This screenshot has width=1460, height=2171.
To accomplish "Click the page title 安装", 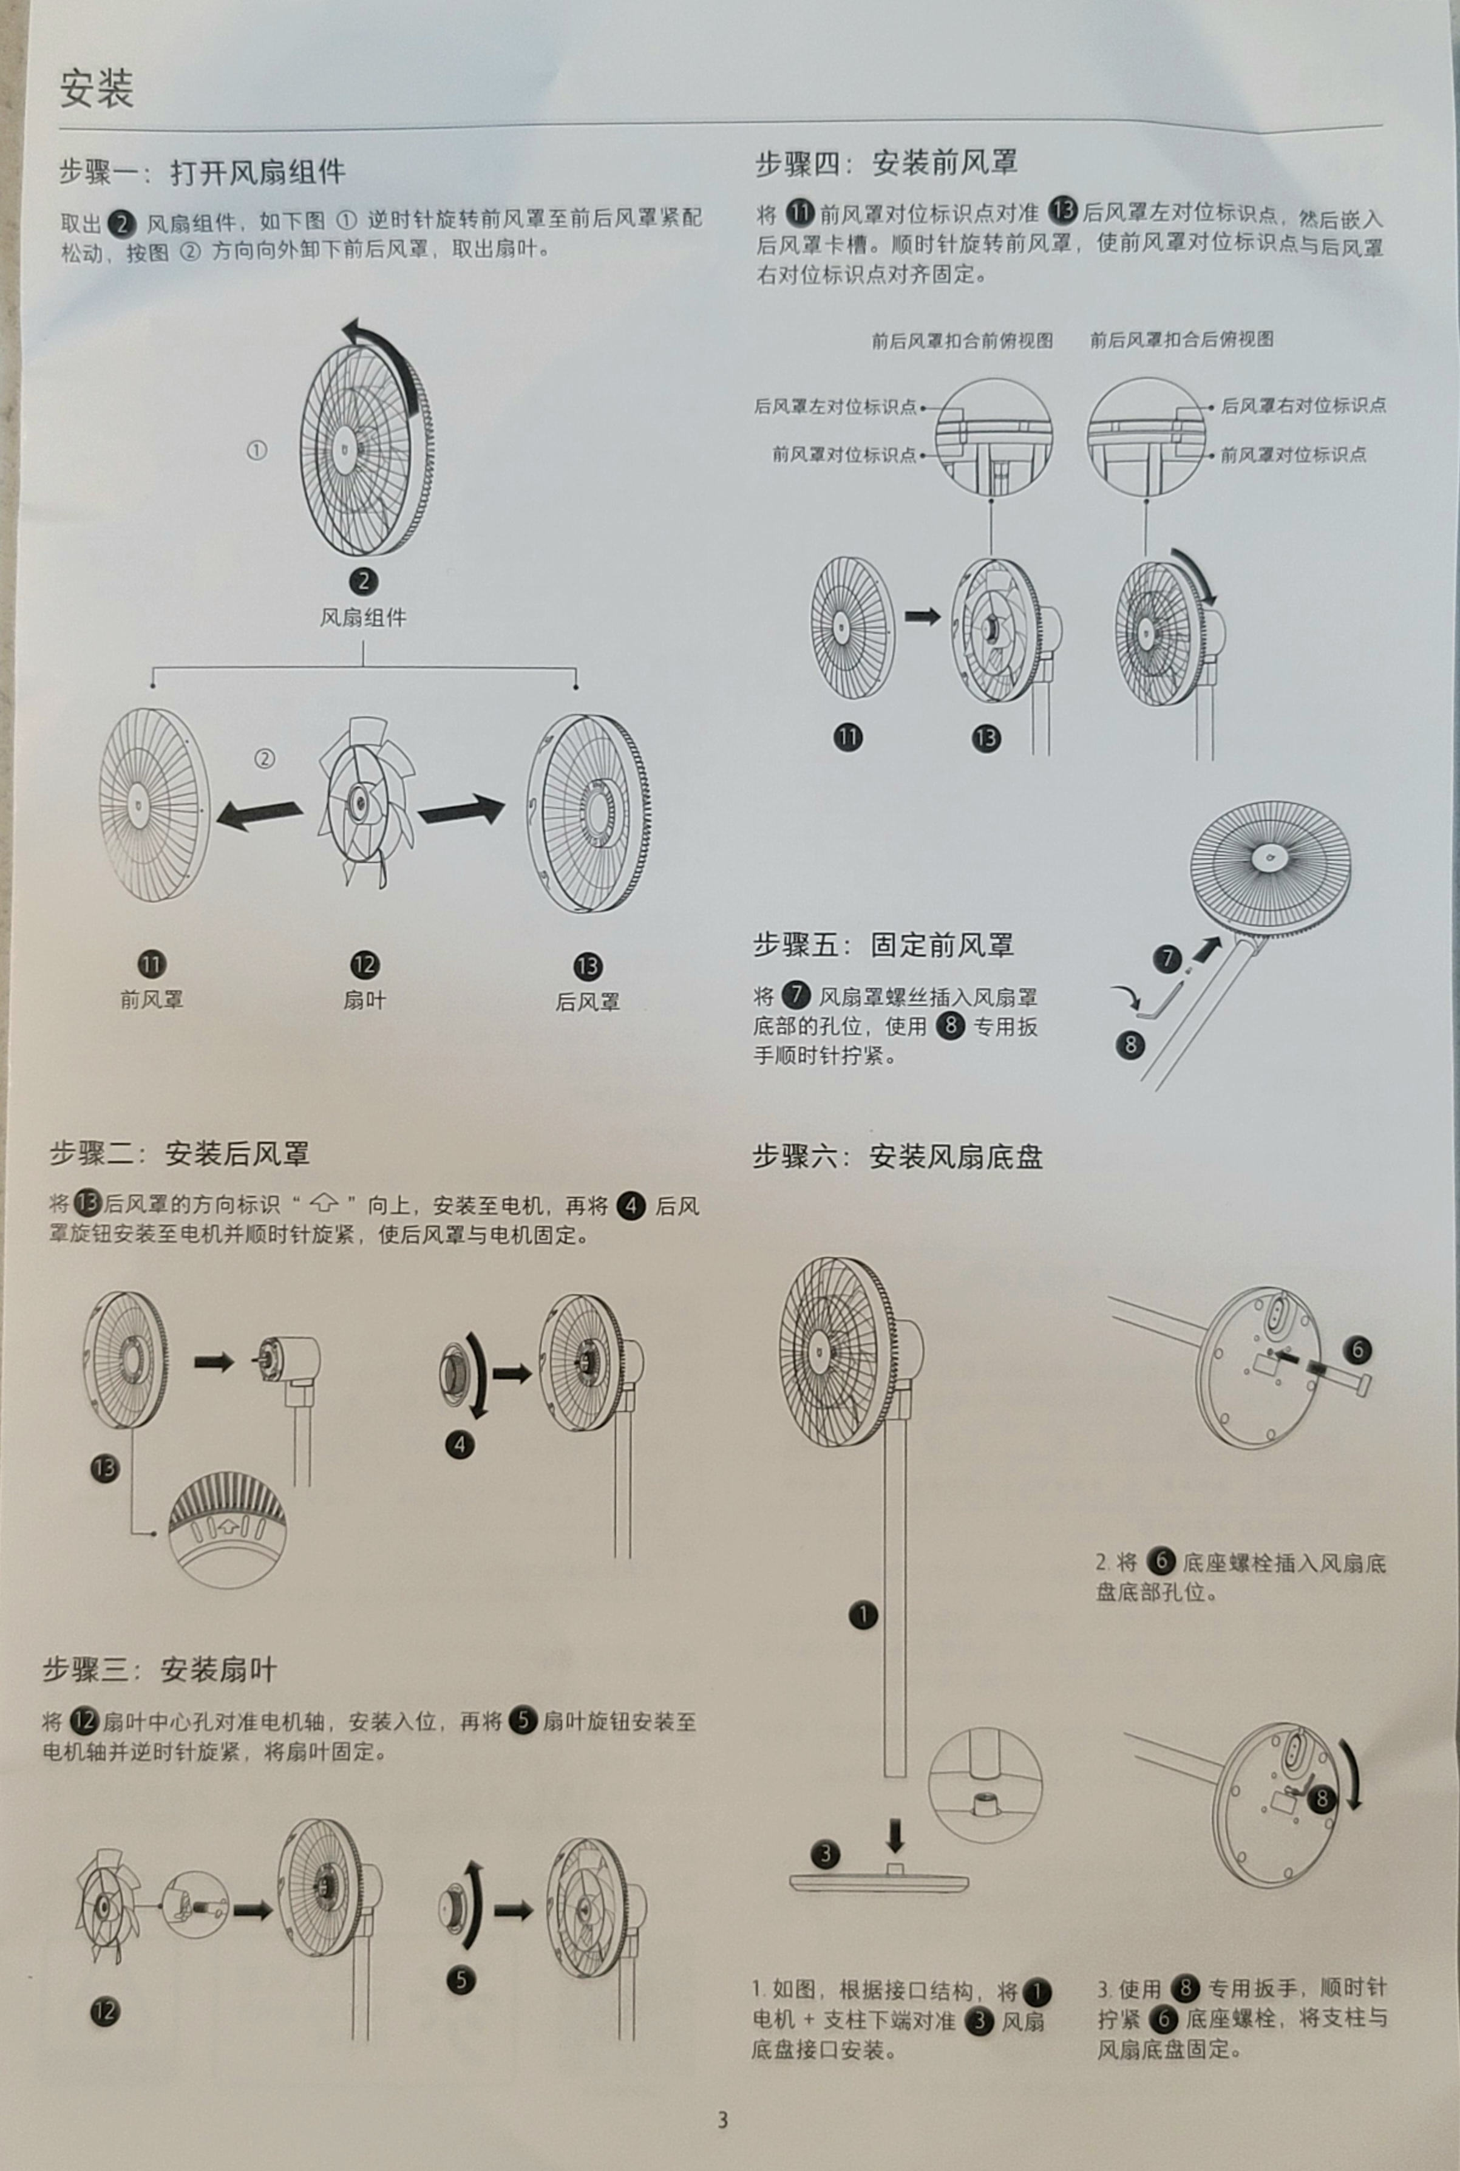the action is [97, 89].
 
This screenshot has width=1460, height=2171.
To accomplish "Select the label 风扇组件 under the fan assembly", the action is [363, 618].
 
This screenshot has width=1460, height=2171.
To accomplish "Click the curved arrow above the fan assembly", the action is [382, 354].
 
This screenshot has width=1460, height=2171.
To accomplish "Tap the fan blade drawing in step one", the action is [363, 801].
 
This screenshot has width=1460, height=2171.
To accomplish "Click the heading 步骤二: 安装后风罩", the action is [178, 1154].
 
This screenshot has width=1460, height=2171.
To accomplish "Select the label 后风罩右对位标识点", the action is [1303, 405].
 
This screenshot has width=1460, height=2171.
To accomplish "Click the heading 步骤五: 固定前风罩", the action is [883, 946].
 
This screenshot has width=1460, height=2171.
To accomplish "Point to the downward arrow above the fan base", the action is [895, 1835].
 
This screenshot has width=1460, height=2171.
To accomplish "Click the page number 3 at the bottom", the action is [722, 2121].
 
